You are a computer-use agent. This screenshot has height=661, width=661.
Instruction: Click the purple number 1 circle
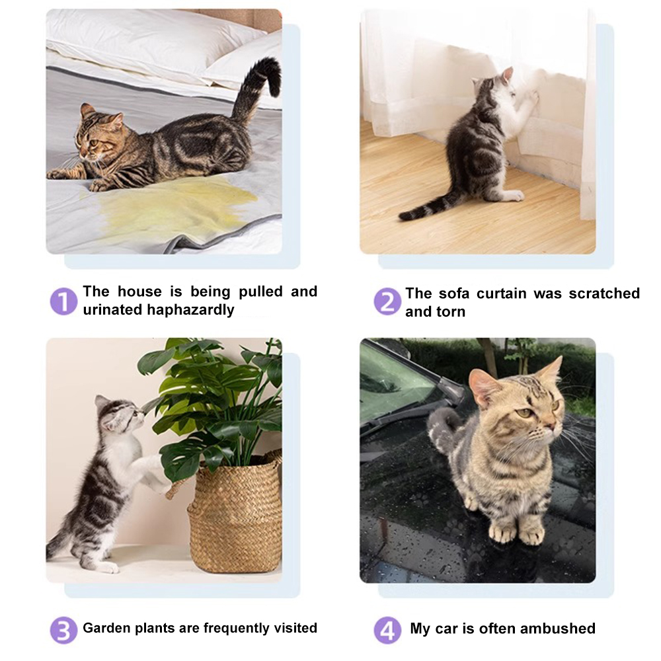click(63, 301)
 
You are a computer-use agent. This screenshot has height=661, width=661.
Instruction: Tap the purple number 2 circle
click(387, 302)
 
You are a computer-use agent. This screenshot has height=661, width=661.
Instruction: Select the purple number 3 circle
click(63, 629)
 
